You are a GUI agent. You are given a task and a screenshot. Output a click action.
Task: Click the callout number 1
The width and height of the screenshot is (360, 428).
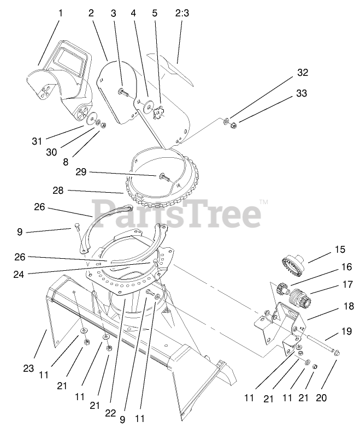tap(61, 13)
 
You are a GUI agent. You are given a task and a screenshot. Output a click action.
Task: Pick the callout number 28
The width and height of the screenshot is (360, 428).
tap(58, 191)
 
